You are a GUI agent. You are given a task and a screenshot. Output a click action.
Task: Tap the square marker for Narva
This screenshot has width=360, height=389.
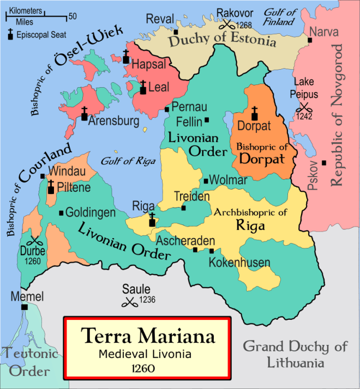pyautogui.click(x=310, y=40)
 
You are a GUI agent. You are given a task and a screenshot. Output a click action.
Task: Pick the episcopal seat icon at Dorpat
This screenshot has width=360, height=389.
pyautogui.click(x=254, y=113)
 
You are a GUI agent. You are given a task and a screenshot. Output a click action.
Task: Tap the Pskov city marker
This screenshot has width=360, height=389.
pyautogui.click(x=324, y=162)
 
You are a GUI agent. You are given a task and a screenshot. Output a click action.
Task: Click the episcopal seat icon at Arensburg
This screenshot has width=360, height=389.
pyautogui.click(x=85, y=114)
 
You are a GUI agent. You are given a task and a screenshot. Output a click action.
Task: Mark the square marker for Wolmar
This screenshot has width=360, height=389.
pyautogui.click(x=206, y=181)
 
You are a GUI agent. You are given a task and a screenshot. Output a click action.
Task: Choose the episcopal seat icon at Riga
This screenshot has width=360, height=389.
pyautogui.click(x=153, y=220)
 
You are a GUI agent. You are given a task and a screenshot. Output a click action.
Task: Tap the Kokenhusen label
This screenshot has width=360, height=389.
pyautogui.click(x=239, y=263)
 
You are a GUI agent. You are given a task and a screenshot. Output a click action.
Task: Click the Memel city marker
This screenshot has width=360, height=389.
pyautogui.click(x=25, y=307)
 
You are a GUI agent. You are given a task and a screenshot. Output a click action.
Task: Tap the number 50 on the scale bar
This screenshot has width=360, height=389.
pyautogui.click(x=73, y=16)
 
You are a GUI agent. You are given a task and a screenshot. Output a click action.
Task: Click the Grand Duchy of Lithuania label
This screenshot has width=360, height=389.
pyautogui.click(x=295, y=354)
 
